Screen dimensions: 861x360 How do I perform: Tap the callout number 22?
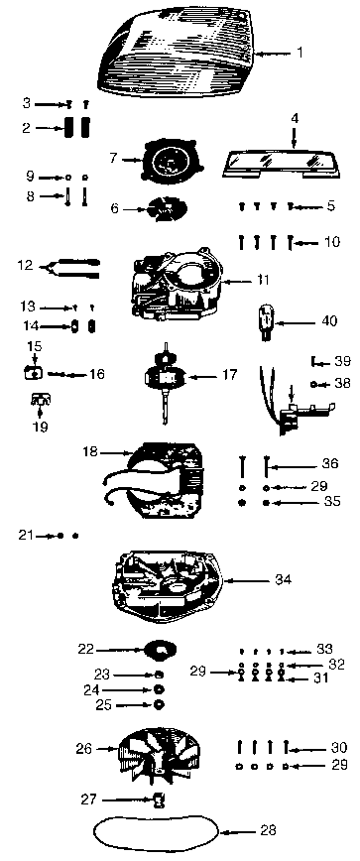[x=86, y=648]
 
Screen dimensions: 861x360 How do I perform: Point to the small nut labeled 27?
[x=157, y=799]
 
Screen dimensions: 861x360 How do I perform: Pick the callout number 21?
[x=25, y=535]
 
